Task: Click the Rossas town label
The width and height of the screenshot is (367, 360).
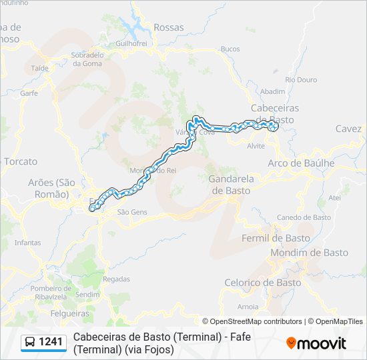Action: (168, 27)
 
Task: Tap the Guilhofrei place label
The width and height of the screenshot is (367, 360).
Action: (131, 43)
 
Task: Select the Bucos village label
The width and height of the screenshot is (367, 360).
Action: (230, 49)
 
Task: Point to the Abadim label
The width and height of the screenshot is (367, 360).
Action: (273, 91)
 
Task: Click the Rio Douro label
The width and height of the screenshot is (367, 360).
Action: (301, 79)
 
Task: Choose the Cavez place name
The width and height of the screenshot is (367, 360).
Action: (348, 129)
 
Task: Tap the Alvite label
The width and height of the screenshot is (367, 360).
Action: (256, 145)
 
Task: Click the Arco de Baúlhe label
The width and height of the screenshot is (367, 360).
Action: (301, 163)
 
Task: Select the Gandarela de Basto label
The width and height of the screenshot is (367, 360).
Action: (229, 185)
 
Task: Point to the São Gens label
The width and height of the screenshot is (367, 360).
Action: (131, 212)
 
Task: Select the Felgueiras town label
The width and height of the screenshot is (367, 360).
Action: (70, 313)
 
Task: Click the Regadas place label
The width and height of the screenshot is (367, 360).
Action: (117, 279)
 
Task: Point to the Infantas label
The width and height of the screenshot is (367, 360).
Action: (27, 243)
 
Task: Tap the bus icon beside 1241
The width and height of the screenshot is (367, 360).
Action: (30, 343)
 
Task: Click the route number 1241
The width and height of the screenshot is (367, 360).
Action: (51, 343)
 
